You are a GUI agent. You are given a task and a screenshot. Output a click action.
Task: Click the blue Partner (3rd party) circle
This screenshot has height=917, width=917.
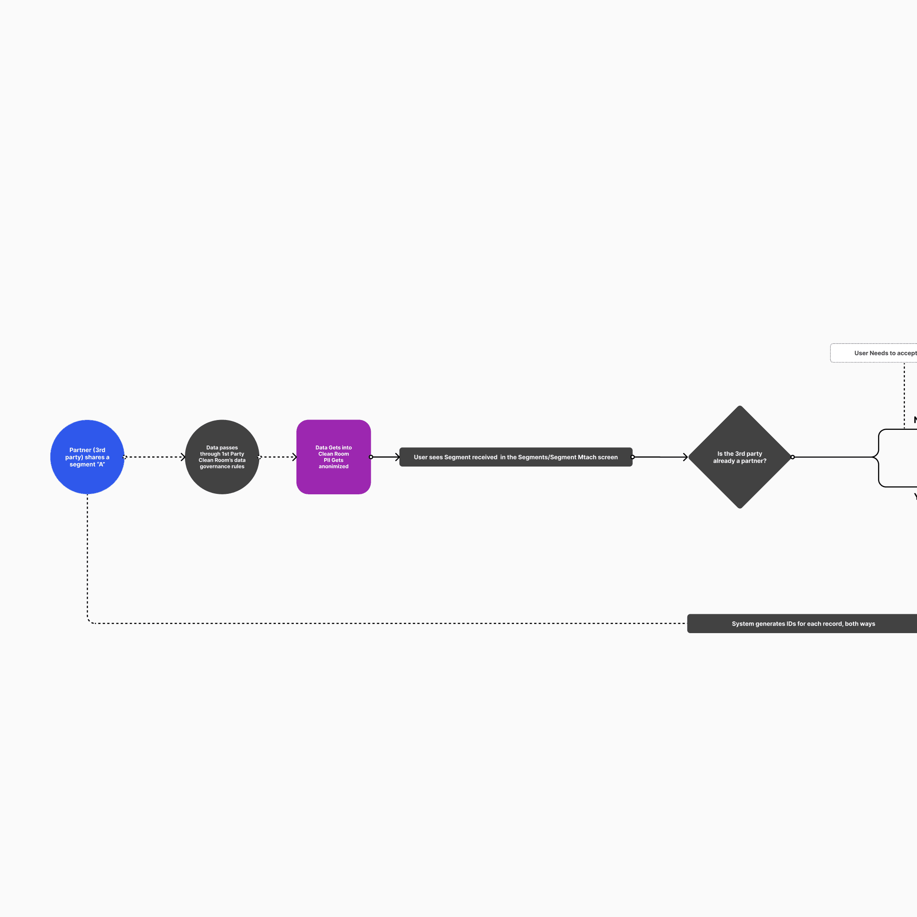point(87,457)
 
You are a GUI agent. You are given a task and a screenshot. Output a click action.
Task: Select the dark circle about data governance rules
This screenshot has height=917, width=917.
point(222,457)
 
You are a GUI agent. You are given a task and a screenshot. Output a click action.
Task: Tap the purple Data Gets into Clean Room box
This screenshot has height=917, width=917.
point(333,457)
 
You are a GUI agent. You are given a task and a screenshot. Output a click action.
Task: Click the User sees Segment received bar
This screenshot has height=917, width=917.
point(515,457)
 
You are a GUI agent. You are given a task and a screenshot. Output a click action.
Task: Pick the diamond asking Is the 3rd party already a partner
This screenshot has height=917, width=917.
point(740,457)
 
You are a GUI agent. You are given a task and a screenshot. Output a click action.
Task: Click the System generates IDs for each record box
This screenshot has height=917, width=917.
point(802,624)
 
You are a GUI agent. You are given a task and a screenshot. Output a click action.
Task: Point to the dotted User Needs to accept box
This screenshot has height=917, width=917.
point(878,353)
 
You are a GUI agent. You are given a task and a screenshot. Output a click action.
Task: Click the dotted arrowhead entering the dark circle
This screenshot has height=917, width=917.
point(183,457)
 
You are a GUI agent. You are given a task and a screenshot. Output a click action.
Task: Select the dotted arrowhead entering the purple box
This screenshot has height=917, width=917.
point(294,457)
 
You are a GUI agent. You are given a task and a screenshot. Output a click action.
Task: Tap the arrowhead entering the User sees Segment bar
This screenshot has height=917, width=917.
point(398,457)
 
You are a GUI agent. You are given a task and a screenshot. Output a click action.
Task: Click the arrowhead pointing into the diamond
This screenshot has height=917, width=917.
point(685,457)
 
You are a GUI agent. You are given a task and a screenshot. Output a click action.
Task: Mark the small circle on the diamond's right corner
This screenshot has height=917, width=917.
point(792,457)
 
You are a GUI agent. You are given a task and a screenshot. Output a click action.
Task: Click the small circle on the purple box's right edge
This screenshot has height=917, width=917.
point(371,457)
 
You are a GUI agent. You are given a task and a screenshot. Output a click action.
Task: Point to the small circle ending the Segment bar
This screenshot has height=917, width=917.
point(633,457)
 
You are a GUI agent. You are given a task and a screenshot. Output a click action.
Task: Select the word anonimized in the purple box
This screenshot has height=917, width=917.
point(333,467)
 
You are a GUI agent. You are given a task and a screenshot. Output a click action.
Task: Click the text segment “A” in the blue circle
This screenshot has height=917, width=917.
point(87,464)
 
